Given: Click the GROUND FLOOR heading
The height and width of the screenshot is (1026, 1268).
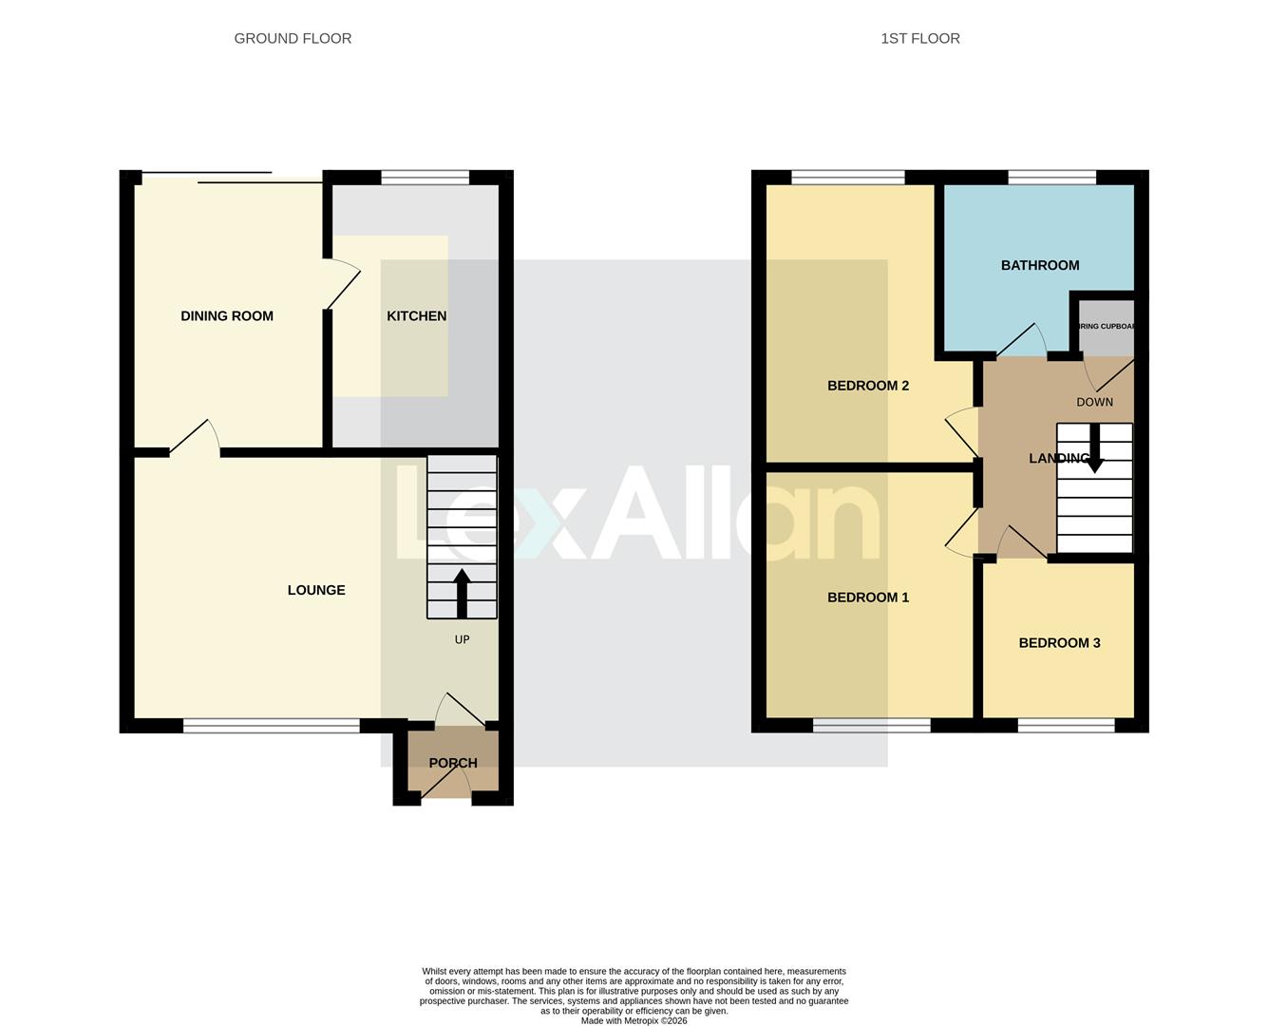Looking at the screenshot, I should pos(293,39).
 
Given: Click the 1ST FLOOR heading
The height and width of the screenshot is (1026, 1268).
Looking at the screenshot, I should pos(919,39).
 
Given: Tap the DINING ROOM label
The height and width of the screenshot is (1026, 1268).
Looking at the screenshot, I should pos(227,316).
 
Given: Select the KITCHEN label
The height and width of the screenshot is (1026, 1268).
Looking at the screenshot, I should pos(416,316).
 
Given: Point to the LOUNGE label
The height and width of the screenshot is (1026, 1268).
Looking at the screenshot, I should pos(316,590).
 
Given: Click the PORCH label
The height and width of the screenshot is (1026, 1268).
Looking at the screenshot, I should pos(453,763).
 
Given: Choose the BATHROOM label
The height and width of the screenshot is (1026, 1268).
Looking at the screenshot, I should pos(1040,266).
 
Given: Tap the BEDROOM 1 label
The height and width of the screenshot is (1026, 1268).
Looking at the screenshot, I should pos(868,598).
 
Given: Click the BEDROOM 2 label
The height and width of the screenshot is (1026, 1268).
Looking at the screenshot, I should pos(868,386).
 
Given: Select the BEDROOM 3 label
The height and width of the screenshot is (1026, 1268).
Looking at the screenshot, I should pos(1059,643).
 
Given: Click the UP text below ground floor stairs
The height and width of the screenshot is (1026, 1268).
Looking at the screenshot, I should pos(462,639).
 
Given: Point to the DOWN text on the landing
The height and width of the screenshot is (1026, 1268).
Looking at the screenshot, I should pos(1094,402).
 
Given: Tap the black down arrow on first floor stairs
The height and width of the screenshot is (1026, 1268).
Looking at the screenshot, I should pos(1094,449).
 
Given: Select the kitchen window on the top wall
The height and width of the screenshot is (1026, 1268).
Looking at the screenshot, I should pos(425,178).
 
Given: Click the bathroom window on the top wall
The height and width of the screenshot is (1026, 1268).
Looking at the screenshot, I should pos(1051,178).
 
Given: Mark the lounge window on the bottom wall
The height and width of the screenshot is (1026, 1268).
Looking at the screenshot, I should pos(272,726).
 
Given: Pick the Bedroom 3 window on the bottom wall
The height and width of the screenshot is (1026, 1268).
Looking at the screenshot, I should pos(1066,726).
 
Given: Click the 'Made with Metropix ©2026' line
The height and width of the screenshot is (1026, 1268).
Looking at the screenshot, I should pos(634,1021).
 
